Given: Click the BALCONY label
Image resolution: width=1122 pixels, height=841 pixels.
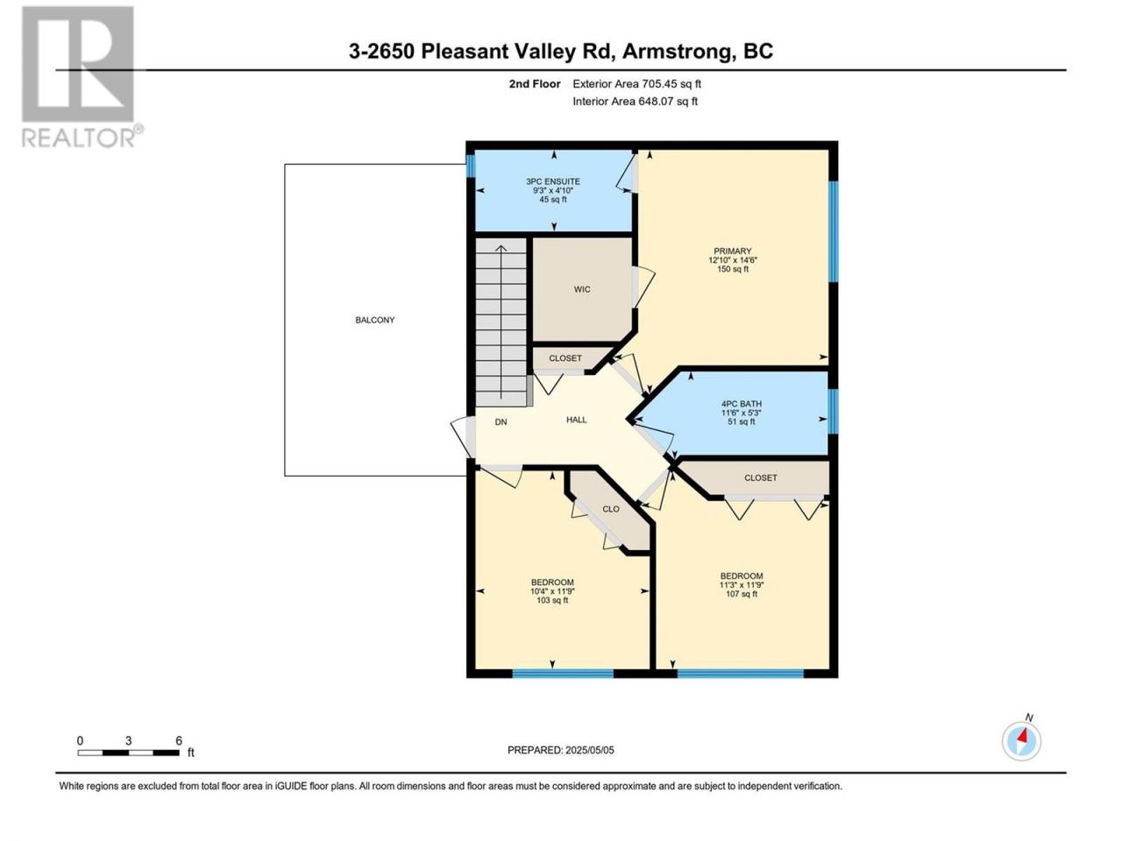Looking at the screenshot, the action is (x=374, y=320).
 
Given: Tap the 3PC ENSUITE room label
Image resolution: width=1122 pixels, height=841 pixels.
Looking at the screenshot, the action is (x=552, y=181).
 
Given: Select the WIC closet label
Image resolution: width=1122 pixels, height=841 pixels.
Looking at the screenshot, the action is (x=582, y=289).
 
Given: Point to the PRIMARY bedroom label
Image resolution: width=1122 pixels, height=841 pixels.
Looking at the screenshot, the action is (x=732, y=251).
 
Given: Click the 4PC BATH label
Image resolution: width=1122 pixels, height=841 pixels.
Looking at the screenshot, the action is (x=742, y=404).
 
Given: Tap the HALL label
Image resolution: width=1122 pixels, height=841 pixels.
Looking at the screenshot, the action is (x=576, y=420).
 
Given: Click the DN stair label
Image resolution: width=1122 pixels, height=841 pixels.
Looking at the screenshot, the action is (x=501, y=421).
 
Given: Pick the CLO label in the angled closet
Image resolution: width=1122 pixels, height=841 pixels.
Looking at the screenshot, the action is (x=611, y=509).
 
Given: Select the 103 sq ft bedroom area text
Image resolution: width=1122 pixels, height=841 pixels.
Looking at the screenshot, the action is (x=552, y=600).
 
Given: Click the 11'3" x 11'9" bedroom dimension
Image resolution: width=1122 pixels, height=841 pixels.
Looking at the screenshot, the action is (x=742, y=585).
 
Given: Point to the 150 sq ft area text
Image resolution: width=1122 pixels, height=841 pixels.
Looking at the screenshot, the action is (x=733, y=269).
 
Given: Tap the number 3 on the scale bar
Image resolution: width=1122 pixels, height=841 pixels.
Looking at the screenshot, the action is (x=128, y=740).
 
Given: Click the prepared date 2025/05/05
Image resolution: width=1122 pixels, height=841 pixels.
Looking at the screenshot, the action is (x=589, y=750).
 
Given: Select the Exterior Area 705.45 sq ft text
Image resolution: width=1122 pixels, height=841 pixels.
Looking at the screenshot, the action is (x=637, y=84).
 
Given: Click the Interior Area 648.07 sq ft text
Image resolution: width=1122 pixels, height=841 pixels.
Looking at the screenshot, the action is (x=635, y=101).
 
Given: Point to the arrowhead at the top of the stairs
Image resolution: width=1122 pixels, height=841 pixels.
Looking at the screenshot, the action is (x=501, y=249).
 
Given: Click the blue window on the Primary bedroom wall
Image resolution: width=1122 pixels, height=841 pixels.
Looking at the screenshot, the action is (x=833, y=231).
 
